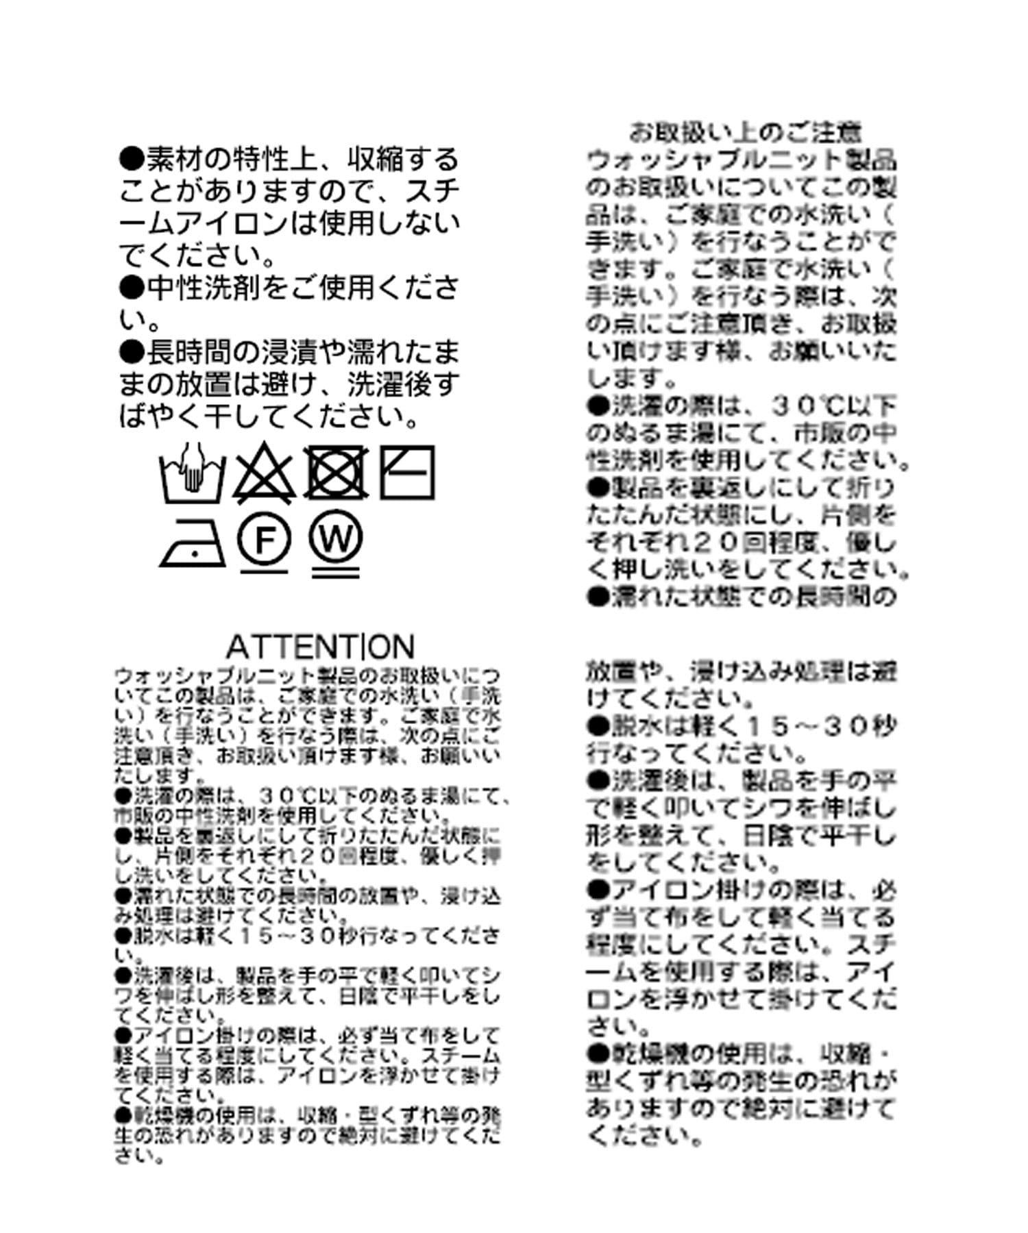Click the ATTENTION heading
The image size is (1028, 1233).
320,646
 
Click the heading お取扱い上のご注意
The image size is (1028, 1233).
745,132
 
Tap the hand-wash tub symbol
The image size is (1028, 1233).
193,473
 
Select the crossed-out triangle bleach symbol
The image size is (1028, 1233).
265,473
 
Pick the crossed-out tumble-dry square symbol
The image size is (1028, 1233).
335,473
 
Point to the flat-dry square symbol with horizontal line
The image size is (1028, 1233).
407,472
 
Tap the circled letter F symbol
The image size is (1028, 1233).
265,541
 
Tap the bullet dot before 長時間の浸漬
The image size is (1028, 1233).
132,353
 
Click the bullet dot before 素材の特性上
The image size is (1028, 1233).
132,160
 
